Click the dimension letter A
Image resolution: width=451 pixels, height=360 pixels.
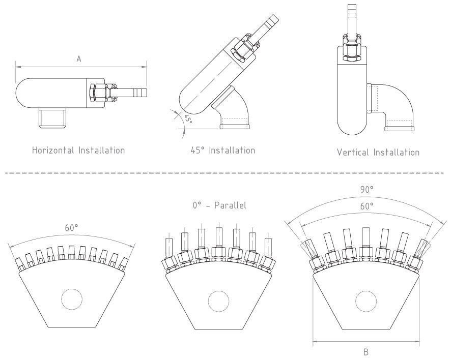[79, 59]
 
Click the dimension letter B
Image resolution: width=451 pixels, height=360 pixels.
[367, 351]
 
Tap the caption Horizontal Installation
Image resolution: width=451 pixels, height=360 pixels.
[78, 151]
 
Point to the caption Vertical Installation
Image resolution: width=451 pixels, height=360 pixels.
[378, 152]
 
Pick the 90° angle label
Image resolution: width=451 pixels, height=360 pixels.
[367, 189]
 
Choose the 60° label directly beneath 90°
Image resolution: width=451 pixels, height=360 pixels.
[367, 206]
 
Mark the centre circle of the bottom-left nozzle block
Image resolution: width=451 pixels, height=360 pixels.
[72, 299]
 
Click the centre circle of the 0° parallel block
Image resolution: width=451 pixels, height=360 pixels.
[219, 300]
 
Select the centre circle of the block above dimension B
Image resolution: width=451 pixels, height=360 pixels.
[366, 301]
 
